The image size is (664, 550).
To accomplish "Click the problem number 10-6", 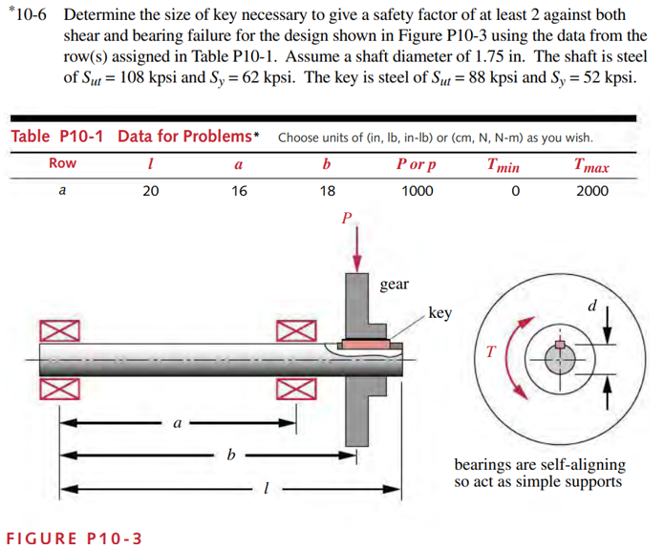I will (34, 14).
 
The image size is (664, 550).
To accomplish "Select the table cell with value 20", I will (150, 191).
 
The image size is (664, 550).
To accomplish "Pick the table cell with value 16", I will (238, 191).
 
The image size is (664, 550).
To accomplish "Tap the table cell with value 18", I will (327, 191).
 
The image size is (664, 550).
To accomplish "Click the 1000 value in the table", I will (417, 191).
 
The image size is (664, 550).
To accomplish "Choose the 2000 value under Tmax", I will (591, 191).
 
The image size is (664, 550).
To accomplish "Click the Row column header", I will (62, 163).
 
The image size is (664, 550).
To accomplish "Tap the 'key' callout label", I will (440, 313).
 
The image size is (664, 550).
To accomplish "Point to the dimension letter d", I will (592, 308).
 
